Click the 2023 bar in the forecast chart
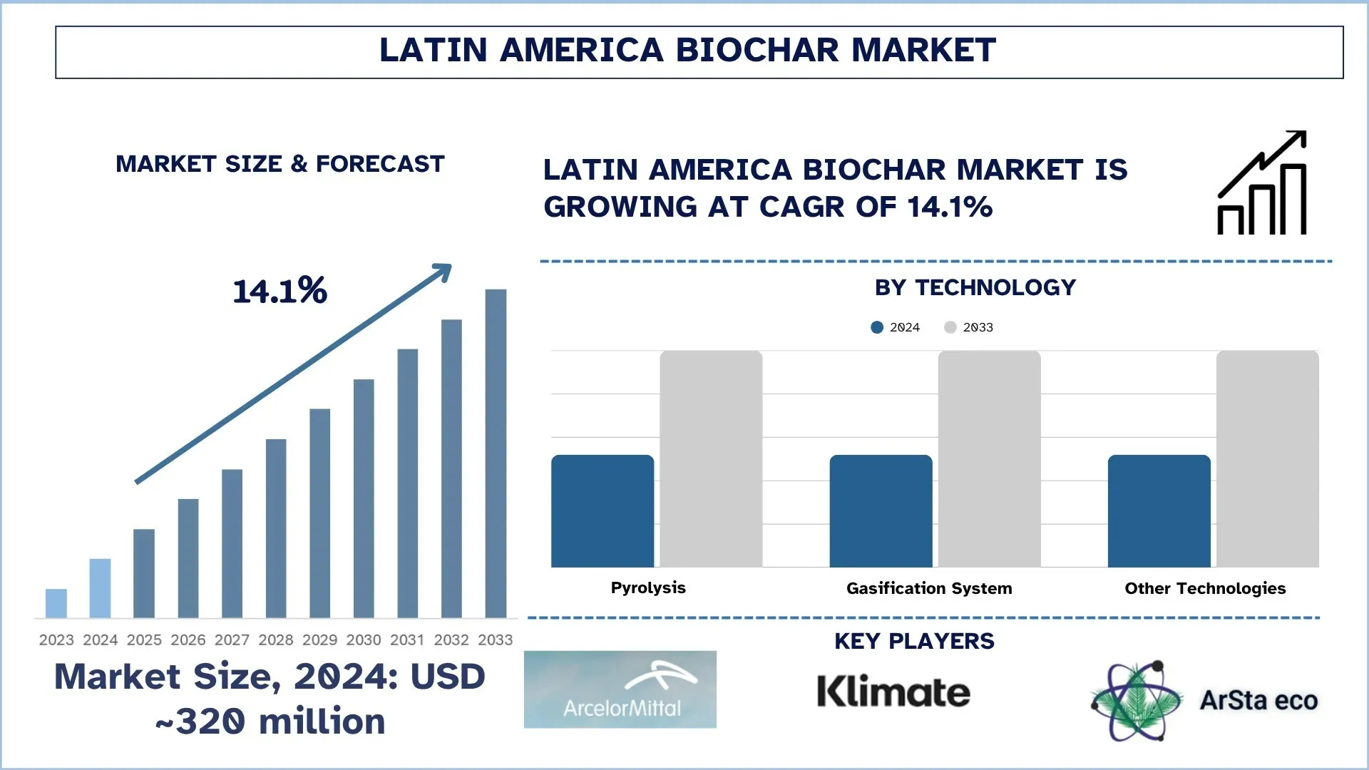click(56, 603)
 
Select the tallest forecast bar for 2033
click(496, 453)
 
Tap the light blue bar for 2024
click(100, 588)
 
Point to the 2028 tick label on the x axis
click(276, 640)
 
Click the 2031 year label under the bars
click(407, 640)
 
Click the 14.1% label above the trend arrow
click(280, 291)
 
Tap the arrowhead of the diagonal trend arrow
click(444, 271)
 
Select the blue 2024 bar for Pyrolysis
click(603, 511)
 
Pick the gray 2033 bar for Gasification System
click(989, 459)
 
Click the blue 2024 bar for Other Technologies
click(1159, 511)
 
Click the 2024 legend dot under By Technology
click(877, 327)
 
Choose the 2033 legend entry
click(969, 327)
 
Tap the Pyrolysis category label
click(648, 588)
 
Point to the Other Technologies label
click(1205, 589)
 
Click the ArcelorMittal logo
click(620, 689)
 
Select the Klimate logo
click(893, 692)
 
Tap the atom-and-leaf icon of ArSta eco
click(1135, 701)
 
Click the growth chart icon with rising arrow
click(1262, 183)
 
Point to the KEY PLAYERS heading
click(914, 641)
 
